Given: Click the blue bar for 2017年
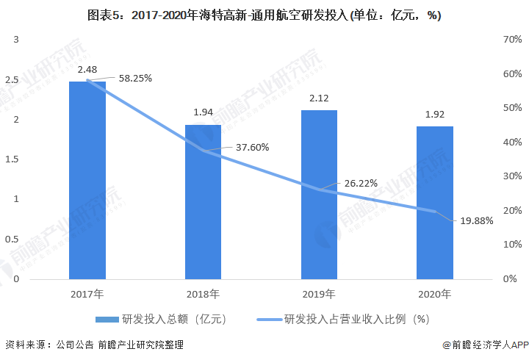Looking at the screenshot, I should click(87, 180).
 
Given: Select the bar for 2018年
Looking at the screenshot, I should click(203, 202).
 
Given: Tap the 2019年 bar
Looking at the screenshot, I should click(319, 195).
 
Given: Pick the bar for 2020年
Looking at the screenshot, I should click(435, 203).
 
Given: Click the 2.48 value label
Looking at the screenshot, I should click(87, 70).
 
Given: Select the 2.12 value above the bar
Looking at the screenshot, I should click(319, 98).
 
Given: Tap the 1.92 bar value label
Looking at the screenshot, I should click(435, 114).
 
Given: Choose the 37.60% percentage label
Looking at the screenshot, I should click(252, 147).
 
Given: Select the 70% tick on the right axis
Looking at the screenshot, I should click(512, 40).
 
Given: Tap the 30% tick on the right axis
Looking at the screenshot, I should click(512, 176).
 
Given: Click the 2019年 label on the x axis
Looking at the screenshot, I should click(319, 294).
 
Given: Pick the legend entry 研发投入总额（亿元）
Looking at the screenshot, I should click(160, 319).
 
